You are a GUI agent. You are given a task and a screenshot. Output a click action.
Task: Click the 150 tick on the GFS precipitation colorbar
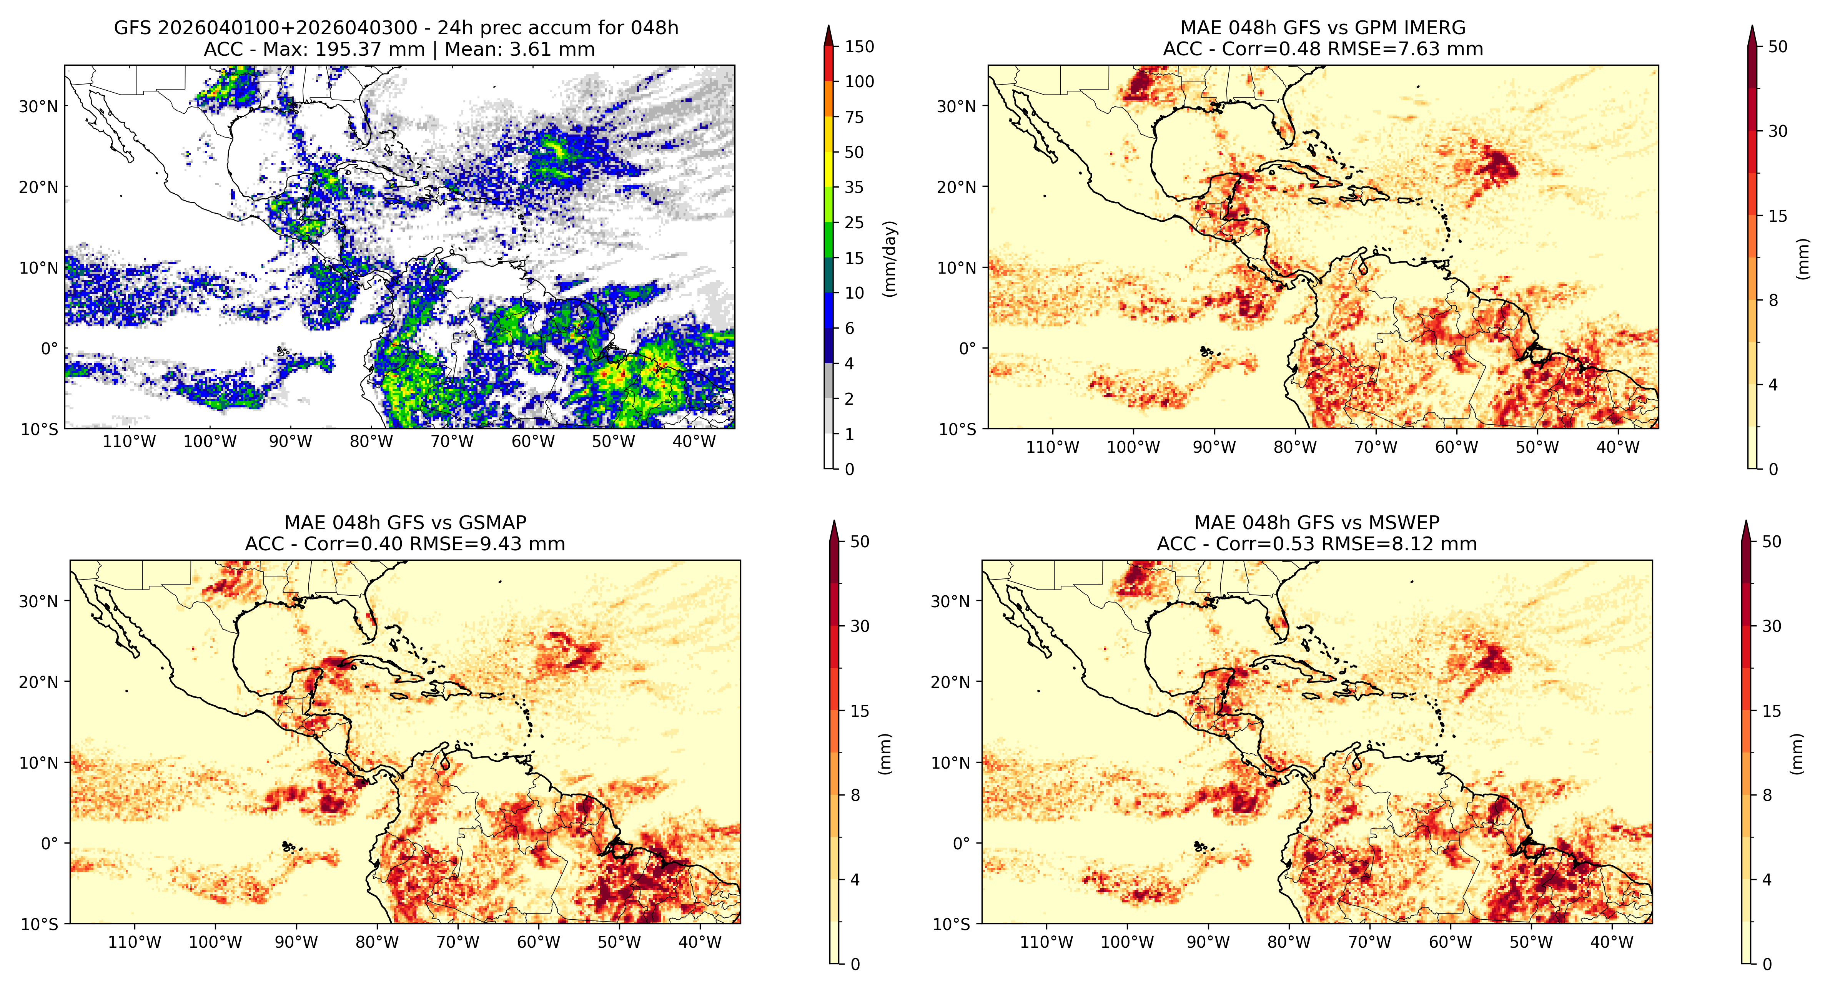click(859, 47)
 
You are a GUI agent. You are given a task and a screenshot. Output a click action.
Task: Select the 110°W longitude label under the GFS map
click(129, 442)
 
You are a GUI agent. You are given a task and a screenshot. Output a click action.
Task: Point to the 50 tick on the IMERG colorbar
click(1777, 47)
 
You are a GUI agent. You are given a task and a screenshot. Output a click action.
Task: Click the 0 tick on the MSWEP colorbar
click(1767, 964)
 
